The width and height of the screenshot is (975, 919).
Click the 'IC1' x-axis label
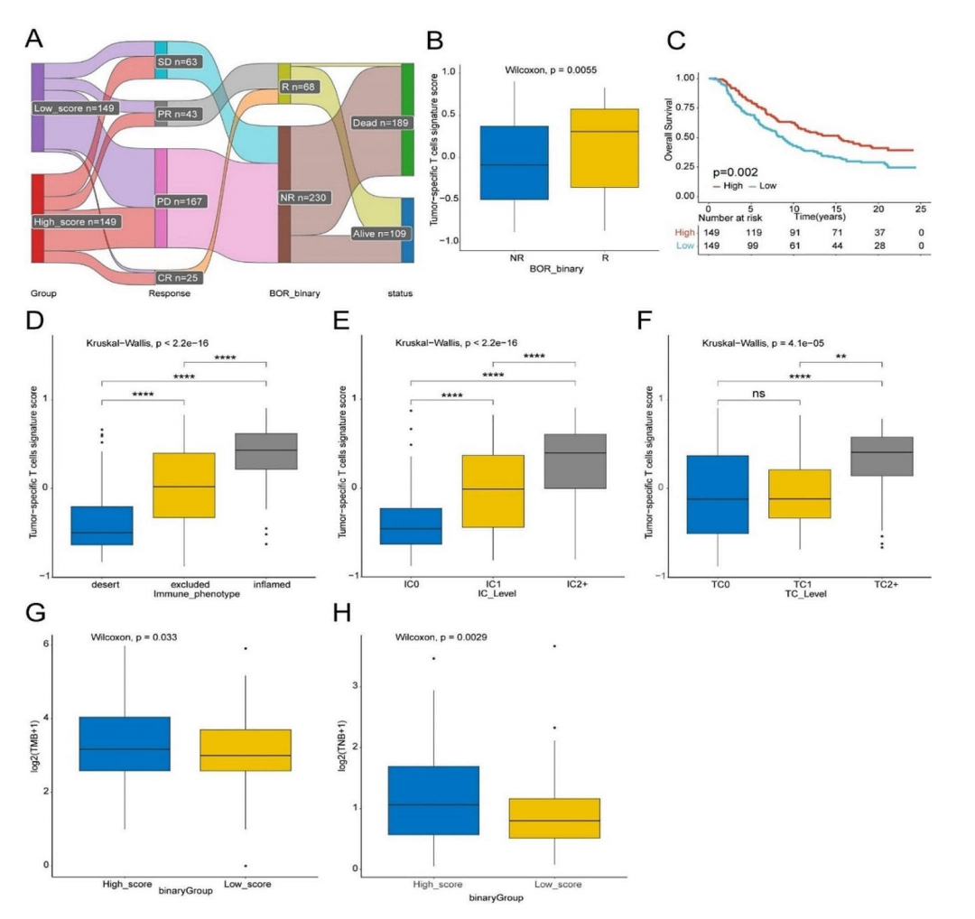pos(493,587)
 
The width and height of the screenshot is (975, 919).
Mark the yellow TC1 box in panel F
pos(800,494)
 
